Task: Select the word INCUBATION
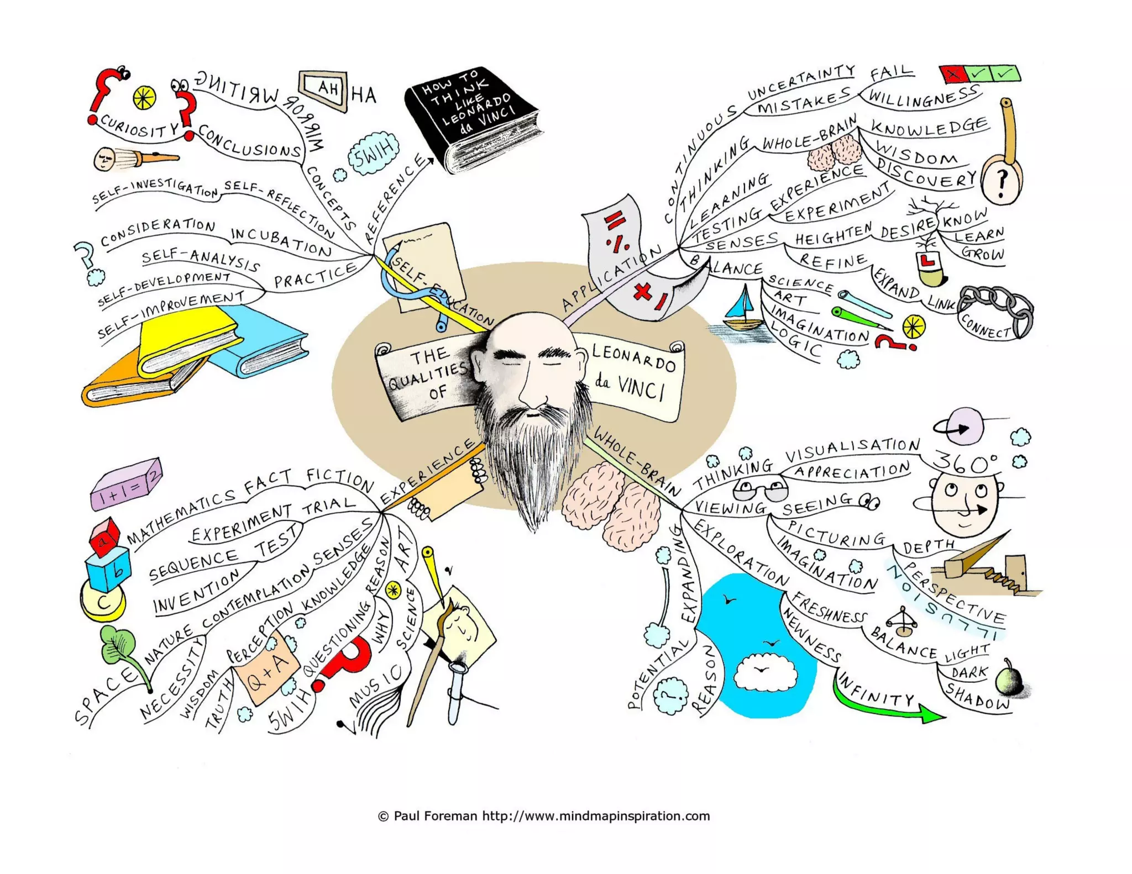tap(281, 241)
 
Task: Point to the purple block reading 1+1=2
tap(127, 483)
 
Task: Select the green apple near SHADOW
tap(1009, 680)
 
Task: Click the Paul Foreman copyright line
tap(544, 816)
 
